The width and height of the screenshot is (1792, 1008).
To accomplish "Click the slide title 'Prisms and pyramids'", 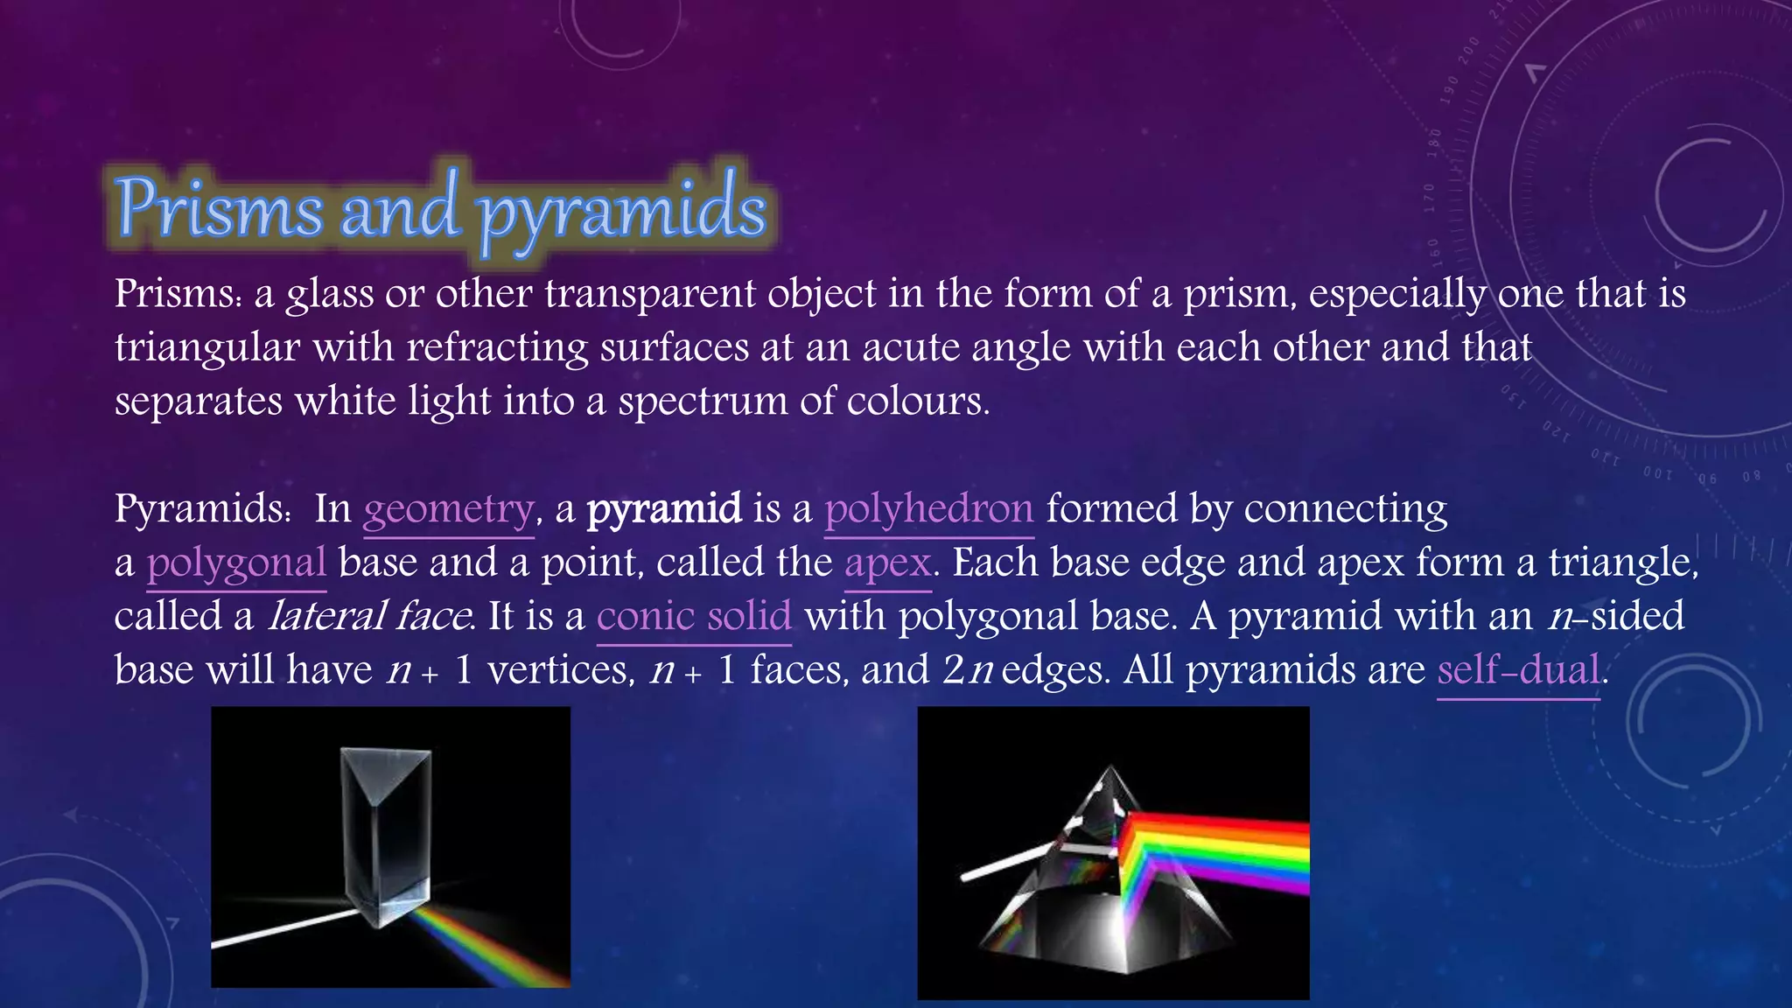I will pyautogui.click(x=441, y=208).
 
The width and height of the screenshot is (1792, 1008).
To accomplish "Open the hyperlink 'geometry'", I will pyautogui.click(x=448, y=509).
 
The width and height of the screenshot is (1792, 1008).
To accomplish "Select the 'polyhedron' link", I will pyautogui.click(x=928, y=509).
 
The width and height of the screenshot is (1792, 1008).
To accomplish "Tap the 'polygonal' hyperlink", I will pyautogui.click(x=236, y=563).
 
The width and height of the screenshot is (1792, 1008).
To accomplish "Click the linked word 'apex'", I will pyautogui.click(x=887, y=563).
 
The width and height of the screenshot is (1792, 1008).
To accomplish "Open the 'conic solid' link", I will pyautogui.click(x=694, y=616).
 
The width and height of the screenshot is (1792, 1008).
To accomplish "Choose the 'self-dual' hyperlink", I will pyautogui.click(x=1519, y=670).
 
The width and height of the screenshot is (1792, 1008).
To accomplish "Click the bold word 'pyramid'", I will pyautogui.click(x=664, y=509).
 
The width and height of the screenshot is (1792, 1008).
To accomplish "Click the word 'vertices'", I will pyautogui.click(x=560, y=670).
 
